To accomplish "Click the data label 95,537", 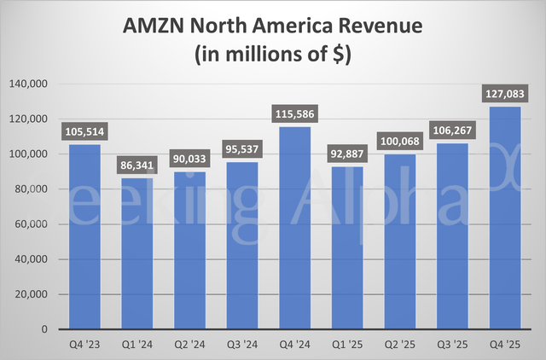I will pyautogui.click(x=241, y=149).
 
